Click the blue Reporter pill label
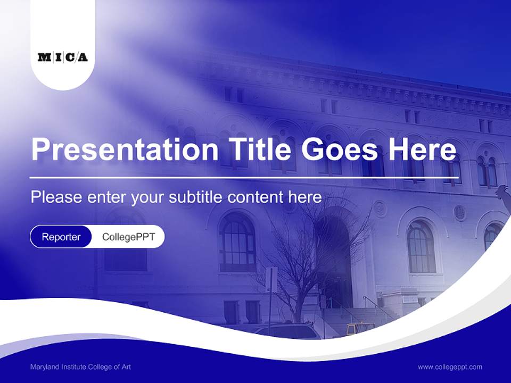[x=61, y=237]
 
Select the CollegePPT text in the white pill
[x=128, y=237]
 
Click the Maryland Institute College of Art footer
[x=80, y=367]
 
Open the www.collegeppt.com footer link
[x=450, y=367]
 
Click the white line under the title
[x=244, y=177]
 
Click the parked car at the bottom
[x=287, y=331]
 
